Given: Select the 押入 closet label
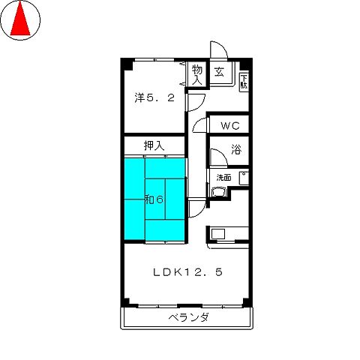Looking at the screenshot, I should coord(154,145).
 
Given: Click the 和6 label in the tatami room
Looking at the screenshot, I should coord(154,199).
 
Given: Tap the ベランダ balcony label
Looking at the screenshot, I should coord(188,318).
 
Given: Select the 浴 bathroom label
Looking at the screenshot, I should coord(235,150).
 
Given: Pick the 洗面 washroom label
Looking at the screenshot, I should coord(224,178).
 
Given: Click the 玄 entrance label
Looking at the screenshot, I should coord(219,73).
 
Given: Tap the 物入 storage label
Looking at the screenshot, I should coord(197,73).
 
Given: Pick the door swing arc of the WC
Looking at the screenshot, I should coord(199,126).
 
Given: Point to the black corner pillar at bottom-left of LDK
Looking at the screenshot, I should coord(127,302).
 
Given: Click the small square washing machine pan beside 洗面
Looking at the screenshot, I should coord(242,178).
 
